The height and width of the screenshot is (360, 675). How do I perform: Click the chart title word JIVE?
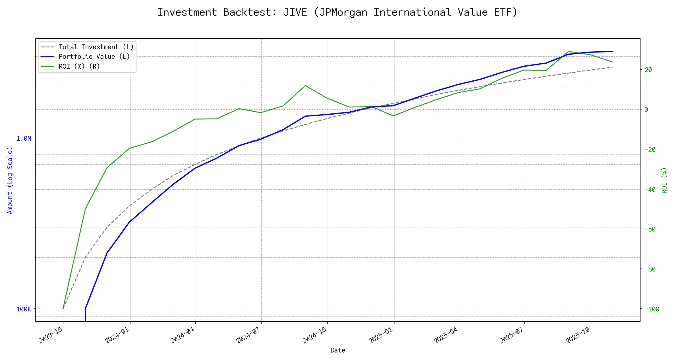pyautogui.click(x=295, y=12)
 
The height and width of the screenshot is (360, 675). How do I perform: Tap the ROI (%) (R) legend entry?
pyautogui.click(x=79, y=66)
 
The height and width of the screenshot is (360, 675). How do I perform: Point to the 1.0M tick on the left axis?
pyautogui.click(x=24, y=138)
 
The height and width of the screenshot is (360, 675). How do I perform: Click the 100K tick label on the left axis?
pyautogui.click(x=24, y=309)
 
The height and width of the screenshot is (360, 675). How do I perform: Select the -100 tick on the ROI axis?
pyautogui.click(x=652, y=309)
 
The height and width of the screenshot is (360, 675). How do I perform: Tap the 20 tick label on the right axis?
pyautogui.click(x=648, y=70)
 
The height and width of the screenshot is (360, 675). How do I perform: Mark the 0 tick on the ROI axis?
pyautogui.click(x=646, y=109)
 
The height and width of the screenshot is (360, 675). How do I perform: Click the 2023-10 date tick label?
pyautogui.click(x=51, y=335)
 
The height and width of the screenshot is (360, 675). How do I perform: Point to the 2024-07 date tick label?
pyautogui.click(x=248, y=335)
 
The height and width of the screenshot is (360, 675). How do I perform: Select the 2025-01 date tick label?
pyautogui.click(x=381, y=335)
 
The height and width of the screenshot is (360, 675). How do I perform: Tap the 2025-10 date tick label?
pyautogui.click(x=578, y=335)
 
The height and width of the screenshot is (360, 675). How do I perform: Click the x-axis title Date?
pyautogui.click(x=338, y=350)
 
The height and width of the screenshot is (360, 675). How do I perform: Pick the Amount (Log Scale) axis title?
pyautogui.click(x=10, y=180)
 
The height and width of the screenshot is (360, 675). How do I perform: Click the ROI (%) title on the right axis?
pyautogui.click(x=664, y=180)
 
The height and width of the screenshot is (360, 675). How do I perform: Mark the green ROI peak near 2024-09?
pyautogui.click(x=305, y=85)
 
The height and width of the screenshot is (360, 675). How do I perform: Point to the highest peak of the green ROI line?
pyautogui.click(x=568, y=51)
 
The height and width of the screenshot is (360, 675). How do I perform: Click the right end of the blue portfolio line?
pyautogui.click(x=613, y=51)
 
